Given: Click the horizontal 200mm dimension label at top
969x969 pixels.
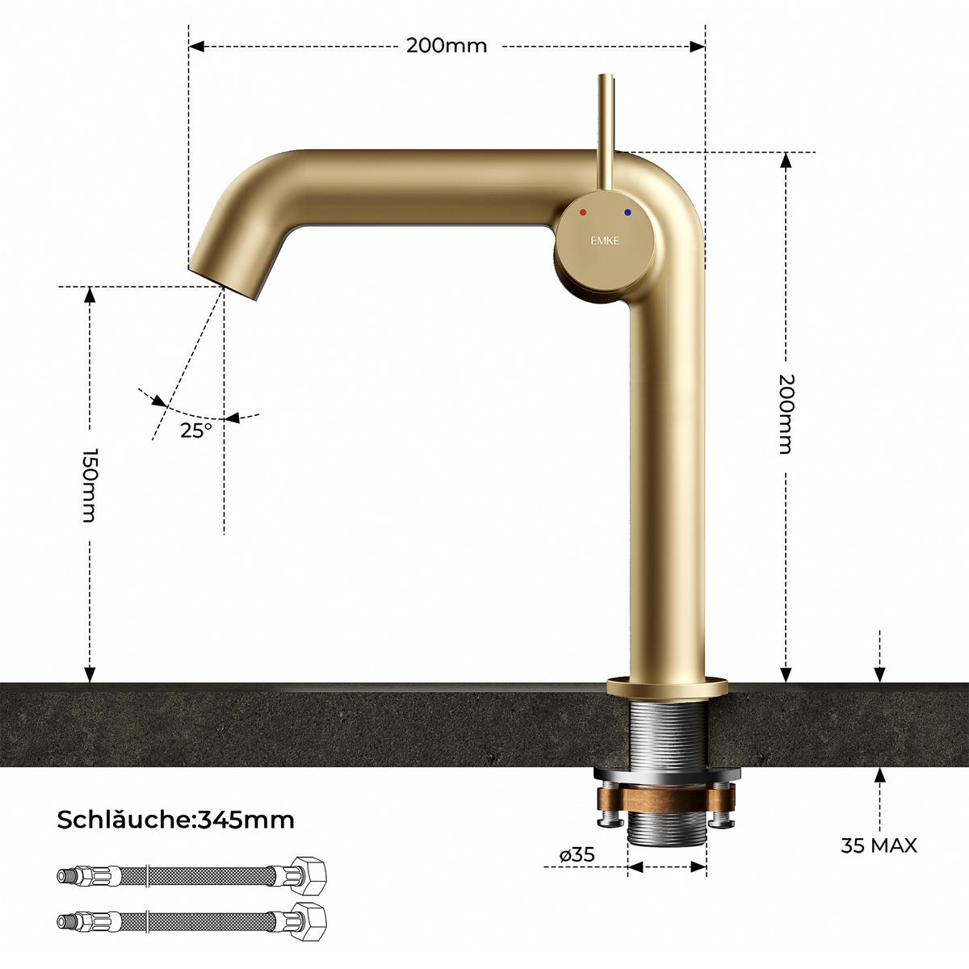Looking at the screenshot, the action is [447, 46].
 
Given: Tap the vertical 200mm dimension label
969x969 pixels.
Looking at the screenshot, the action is [785, 414].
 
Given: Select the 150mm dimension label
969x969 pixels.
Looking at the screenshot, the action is [90, 485].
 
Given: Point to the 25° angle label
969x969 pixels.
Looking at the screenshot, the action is [196, 430].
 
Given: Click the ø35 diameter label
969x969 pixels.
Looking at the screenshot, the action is [577, 854].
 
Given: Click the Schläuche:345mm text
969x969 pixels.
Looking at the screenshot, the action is [175, 820].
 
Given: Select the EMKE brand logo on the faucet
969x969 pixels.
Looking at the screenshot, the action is [605, 241].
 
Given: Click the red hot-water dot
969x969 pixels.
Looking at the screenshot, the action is [583, 212].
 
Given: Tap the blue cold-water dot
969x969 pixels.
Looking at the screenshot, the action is [627, 212].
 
